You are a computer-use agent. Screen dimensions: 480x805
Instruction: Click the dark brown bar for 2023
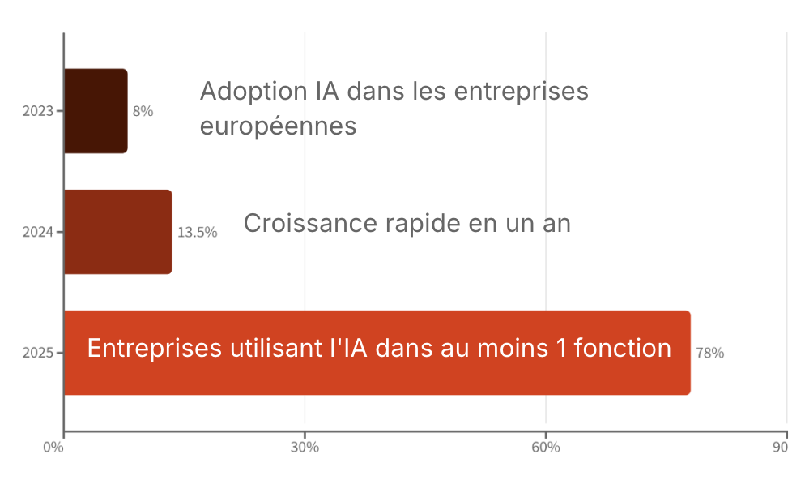96,111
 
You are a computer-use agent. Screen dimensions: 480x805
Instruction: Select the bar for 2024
117,232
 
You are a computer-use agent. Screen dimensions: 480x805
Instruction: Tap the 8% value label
143,111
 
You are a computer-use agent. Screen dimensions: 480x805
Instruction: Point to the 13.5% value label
197,232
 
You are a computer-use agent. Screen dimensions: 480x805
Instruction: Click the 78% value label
709,353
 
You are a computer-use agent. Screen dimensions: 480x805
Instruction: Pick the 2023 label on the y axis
37,111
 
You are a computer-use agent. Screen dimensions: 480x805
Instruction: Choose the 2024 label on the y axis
37,232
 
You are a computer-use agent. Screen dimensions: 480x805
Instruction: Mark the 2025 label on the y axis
37,353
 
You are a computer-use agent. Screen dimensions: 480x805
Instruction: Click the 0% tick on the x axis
53,448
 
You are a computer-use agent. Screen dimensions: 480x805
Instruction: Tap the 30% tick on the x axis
305,448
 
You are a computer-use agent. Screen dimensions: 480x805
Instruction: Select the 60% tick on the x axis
546,448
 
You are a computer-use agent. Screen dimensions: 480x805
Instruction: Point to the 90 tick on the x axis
782,448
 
